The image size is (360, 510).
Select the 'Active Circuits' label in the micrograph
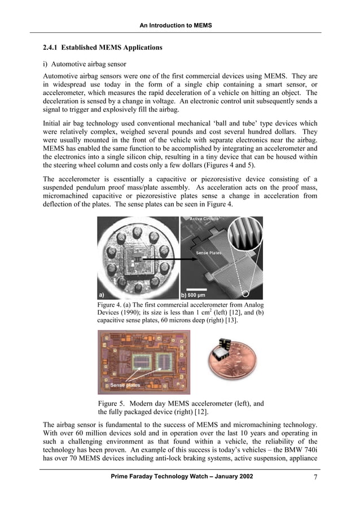(203, 219)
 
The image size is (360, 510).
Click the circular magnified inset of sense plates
(243, 238)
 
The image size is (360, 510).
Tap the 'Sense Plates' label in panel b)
(209, 253)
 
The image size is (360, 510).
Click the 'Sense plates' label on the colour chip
(125, 385)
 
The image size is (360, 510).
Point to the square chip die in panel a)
(137, 258)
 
